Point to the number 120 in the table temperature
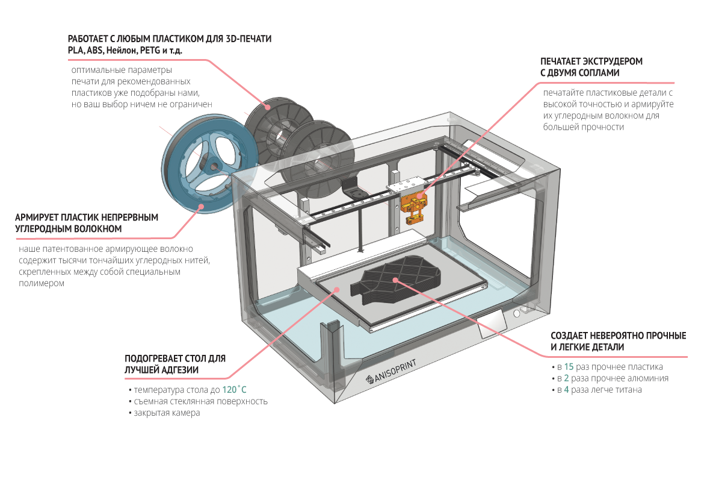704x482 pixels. [230, 390]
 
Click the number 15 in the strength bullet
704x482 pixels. [568, 367]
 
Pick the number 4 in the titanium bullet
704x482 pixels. [566, 390]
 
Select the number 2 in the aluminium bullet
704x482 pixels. [566, 378]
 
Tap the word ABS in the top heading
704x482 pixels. [95, 51]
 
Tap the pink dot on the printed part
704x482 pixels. [395, 280]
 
